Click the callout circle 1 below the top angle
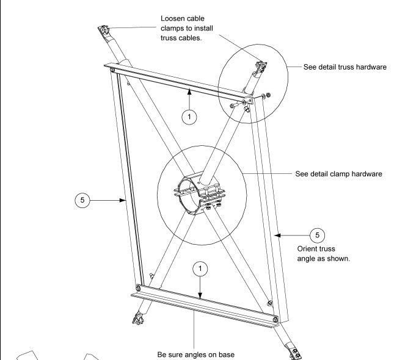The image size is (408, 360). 191,118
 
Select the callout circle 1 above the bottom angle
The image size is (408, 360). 200,268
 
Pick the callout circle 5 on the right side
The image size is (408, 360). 316,234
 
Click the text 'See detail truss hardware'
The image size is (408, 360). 345,67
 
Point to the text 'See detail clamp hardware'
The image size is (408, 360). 338,173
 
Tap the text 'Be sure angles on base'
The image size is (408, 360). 194,354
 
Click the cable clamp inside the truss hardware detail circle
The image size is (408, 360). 261,68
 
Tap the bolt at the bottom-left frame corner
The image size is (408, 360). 139,288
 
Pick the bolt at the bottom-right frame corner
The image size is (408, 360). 275,319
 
